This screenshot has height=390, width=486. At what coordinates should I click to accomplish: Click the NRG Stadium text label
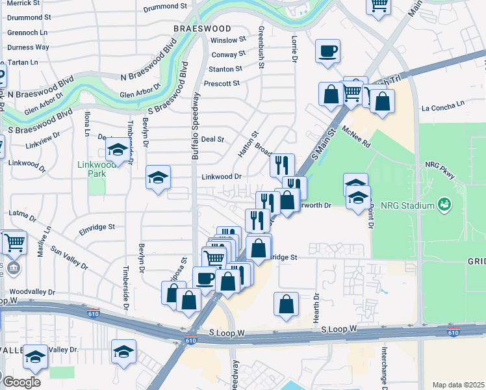pyautogui.click(x=407, y=206)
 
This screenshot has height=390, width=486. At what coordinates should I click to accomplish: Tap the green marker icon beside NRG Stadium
pyautogui.click(x=445, y=205)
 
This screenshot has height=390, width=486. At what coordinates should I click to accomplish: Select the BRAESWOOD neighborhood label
pyautogui.click(x=202, y=29)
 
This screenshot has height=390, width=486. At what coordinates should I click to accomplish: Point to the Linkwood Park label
pyautogui.click(x=97, y=169)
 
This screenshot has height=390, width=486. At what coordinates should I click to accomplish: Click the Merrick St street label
pyautogui.click(x=25, y=5)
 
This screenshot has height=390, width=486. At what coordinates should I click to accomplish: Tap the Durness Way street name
pyautogui.click(x=28, y=47)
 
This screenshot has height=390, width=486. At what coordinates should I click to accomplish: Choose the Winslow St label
pyautogui.click(x=228, y=40)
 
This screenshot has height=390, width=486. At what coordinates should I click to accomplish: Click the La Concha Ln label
pyautogui.click(x=443, y=103)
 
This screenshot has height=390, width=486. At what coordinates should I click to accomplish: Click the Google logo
pyautogui.click(x=21, y=382)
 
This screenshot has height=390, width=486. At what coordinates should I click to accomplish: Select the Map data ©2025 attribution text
pyautogui.click(x=458, y=385)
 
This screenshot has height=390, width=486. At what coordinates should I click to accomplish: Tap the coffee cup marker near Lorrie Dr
pyautogui.click(x=327, y=51)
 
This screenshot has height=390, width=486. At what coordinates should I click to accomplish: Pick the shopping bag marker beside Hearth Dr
pyautogui.click(x=286, y=304)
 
